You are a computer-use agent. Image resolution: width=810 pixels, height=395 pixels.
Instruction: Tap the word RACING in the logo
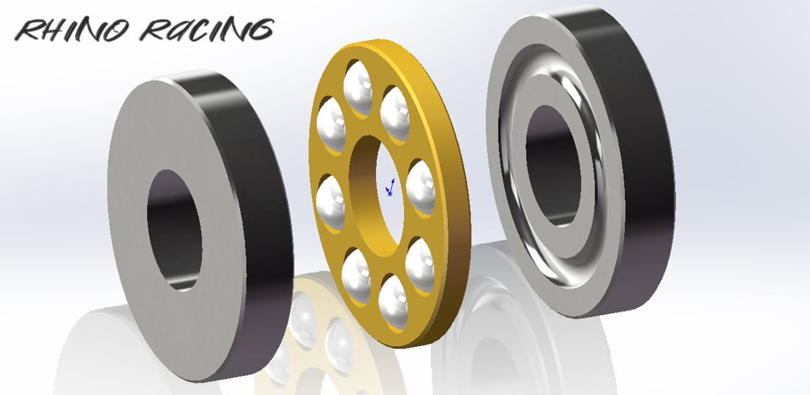click(x=207, y=30)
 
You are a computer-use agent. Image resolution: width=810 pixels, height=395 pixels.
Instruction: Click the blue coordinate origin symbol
click(x=390, y=188)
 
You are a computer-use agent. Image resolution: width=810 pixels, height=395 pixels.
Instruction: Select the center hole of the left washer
click(x=174, y=230)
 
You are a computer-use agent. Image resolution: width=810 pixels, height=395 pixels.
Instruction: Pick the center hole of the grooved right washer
click(x=552, y=165)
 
